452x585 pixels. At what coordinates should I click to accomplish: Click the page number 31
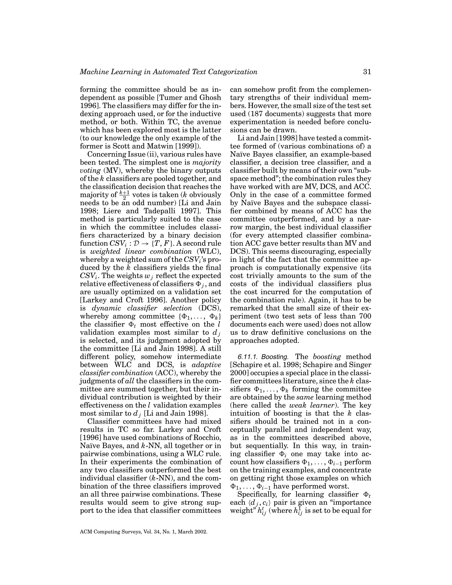pos(367,72)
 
